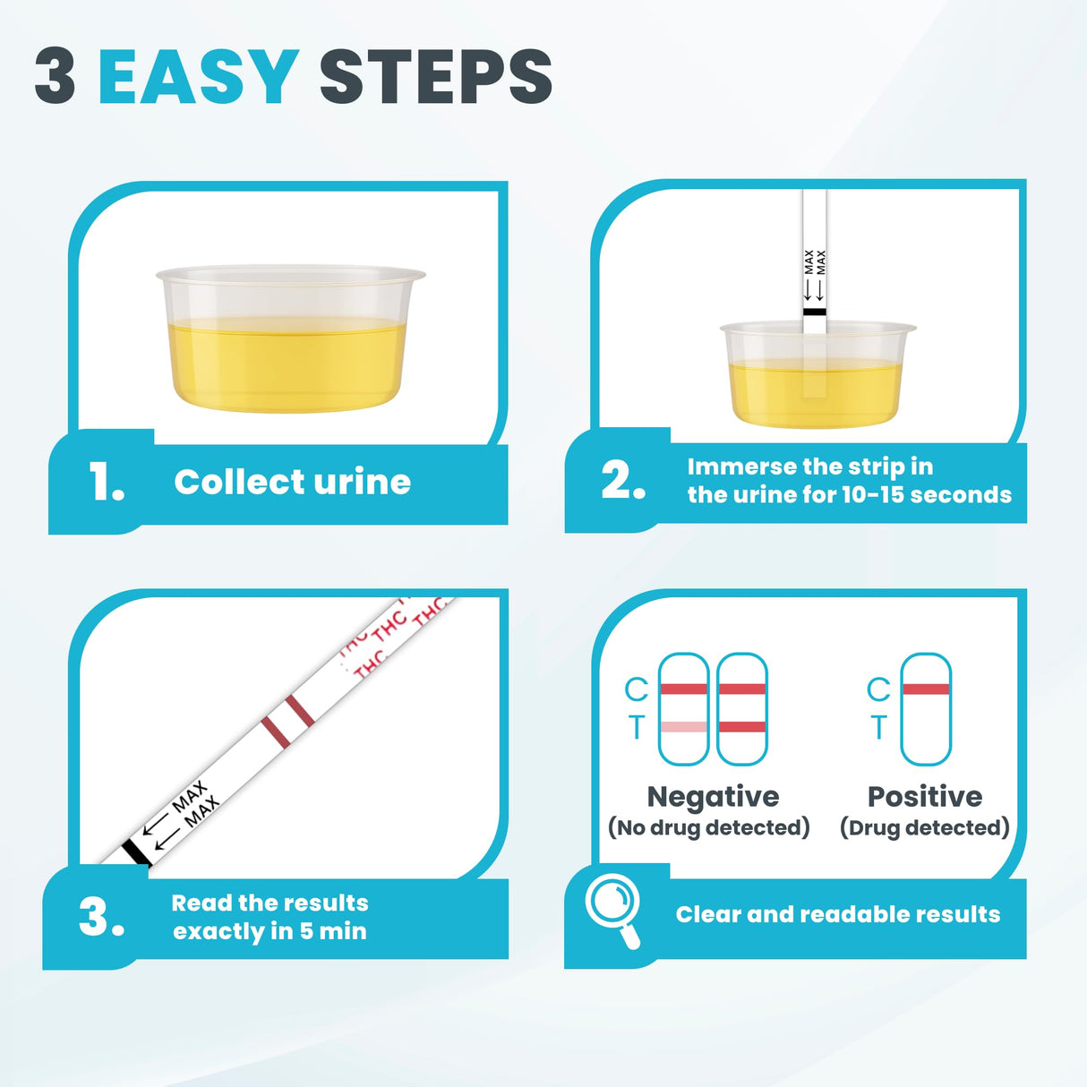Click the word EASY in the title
tap(198, 76)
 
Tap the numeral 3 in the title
tap(56, 76)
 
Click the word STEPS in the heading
tap(435, 76)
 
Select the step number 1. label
tap(107, 483)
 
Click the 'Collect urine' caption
tap(292, 482)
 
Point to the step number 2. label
tap(623, 481)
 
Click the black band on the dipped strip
tap(814, 312)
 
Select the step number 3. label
tap(101, 918)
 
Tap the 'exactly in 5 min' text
tap(270, 932)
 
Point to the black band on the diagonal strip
tap(135, 852)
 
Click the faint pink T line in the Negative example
tap(683, 727)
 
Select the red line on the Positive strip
tap(926, 689)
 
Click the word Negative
tap(713, 796)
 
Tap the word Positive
tap(925, 796)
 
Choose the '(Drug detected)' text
tap(924, 827)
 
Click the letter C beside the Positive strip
tap(877, 689)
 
